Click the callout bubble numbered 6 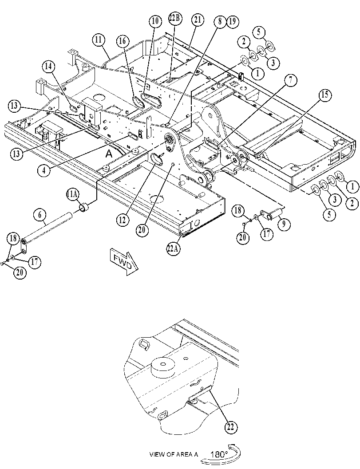[x=40, y=215]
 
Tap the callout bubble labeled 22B [x=175, y=18]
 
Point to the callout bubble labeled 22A [x=173, y=249]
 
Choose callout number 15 [x=324, y=95]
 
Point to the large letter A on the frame [x=109, y=154]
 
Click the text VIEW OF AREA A [x=174, y=454]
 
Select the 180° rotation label [x=219, y=454]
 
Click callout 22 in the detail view [x=231, y=427]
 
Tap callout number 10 [x=155, y=21]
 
